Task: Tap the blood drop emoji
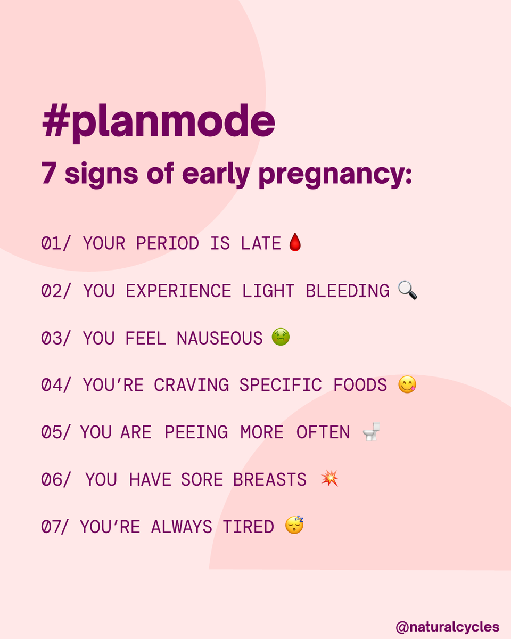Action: coord(294,243)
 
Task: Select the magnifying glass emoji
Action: coord(408,290)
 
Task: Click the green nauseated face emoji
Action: coord(281,338)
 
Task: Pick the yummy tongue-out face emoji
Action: coord(407,384)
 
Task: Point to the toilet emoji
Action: coord(371,432)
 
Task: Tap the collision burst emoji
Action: coord(329,479)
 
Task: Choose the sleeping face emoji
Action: coord(294,526)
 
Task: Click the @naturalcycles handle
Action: coord(447,626)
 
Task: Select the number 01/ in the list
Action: coord(56,243)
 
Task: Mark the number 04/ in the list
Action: coord(56,385)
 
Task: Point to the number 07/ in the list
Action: coord(56,527)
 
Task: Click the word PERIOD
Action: coord(167,243)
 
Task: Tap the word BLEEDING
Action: coord(347,291)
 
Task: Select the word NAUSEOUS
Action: coord(220,338)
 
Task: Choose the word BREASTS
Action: coord(270,479)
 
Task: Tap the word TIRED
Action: coord(248,527)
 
